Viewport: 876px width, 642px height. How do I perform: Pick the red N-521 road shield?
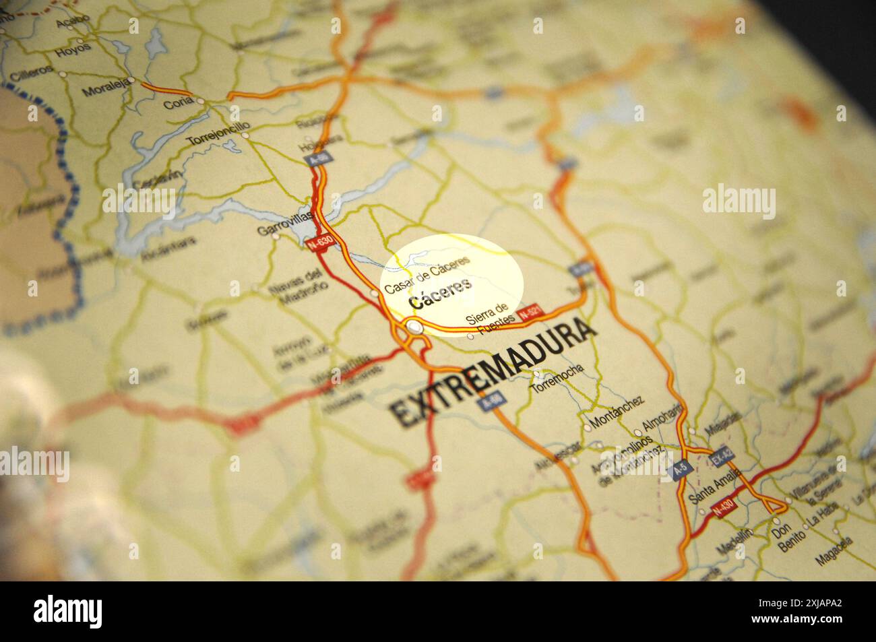[x=530, y=313]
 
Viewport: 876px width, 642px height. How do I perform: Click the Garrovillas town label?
[x=285, y=224]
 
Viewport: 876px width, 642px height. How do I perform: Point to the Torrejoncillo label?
[x=218, y=133]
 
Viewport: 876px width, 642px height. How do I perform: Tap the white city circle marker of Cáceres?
[x=415, y=327]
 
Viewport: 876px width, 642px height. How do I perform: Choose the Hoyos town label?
[x=73, y=50]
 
